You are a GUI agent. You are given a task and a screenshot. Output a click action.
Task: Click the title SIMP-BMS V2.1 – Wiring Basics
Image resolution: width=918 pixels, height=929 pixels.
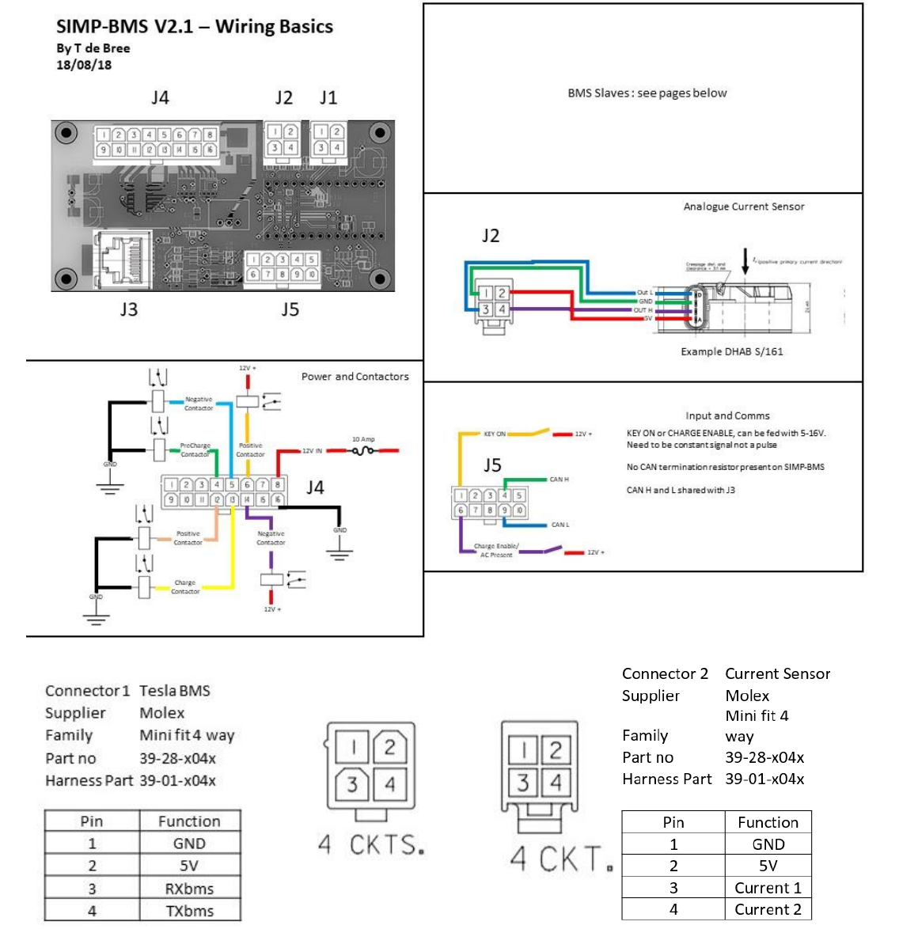pos(194,26)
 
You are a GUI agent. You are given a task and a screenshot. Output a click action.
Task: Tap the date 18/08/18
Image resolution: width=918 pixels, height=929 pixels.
pos(84,65)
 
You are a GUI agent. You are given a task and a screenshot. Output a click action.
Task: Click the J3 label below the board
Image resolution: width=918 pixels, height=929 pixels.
pos(128,309)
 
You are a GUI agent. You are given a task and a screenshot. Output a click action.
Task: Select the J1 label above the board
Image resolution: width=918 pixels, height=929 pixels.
pos(328,98)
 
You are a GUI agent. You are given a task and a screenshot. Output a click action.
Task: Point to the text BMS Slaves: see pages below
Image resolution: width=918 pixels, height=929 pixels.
pos(647,93)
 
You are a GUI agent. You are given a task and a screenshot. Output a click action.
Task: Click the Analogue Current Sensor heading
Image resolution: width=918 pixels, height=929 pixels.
pos(743,207)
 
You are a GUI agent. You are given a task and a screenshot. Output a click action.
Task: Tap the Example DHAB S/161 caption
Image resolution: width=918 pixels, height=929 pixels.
pos(731,351)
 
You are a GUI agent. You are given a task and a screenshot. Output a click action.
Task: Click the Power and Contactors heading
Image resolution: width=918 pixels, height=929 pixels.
pos(355,377)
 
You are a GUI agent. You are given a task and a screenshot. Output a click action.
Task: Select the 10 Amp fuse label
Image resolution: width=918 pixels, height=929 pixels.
pos(363,439)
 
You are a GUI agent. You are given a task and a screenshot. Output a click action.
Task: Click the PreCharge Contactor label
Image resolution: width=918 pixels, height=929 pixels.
pos(195,449)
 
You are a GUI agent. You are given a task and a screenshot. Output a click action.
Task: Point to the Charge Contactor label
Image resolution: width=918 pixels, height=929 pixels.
pos(185,586)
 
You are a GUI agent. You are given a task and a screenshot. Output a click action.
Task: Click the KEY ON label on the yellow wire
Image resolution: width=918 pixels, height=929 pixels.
pos(495,434)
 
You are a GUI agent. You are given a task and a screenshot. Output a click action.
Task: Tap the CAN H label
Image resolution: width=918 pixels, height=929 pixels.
pos(559,480)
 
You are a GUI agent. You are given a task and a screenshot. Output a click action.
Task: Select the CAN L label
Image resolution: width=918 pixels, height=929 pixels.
pos(560,525)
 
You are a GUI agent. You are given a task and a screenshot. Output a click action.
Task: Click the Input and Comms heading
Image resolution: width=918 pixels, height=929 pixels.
pos(727,415)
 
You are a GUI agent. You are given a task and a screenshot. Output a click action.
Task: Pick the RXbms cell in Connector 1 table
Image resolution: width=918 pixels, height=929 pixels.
pos(189,889)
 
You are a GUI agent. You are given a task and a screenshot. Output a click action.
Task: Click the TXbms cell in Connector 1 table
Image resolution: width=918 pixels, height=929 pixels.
pos(189,911)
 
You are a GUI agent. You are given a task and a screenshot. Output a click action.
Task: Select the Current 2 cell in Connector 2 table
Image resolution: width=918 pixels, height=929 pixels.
pos(768,909)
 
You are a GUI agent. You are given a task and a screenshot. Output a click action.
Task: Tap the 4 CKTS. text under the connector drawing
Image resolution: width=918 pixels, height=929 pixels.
pos(371,845)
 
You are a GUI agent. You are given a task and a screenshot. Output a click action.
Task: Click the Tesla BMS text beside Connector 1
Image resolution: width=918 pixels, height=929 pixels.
pos(175,691)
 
